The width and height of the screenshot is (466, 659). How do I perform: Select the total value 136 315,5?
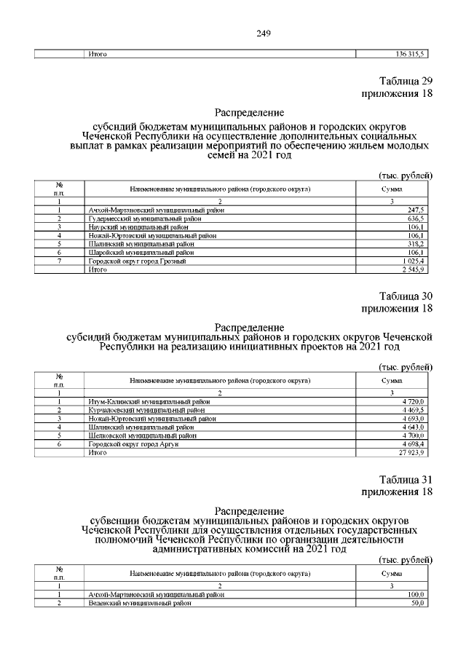(409, 53)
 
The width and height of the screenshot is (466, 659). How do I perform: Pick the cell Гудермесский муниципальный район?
(135, 218)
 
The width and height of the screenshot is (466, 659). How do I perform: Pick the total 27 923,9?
(411, 453)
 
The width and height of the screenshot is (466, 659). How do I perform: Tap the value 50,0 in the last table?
(418, 604)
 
